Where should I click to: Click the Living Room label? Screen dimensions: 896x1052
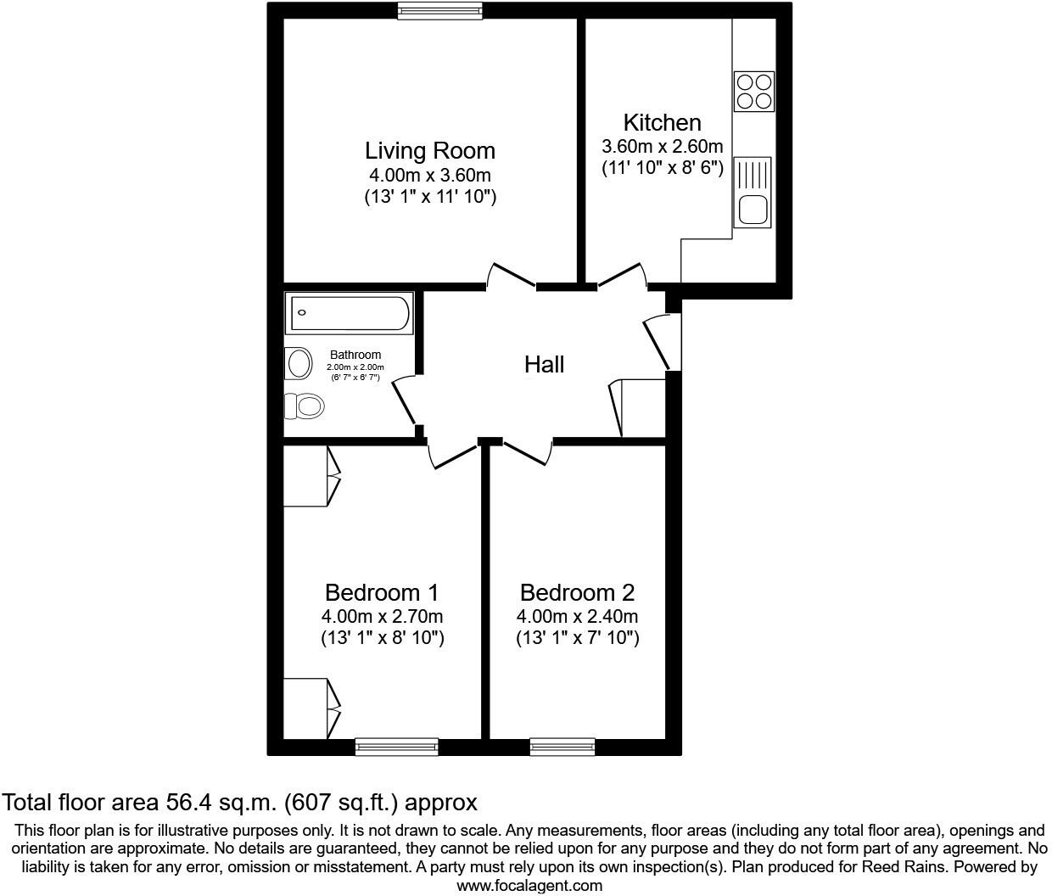point(430,151)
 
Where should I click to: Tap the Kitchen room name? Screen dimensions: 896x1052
point(662,122)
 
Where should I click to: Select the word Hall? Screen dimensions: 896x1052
point(544,365)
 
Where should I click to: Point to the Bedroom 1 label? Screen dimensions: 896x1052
point(382,592)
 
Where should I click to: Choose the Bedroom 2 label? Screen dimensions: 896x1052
point(577,592)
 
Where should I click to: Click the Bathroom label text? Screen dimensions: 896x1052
point(355,355)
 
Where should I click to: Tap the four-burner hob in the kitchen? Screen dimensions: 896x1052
point(754,91)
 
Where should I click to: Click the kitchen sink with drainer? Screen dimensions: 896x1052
point(753,193)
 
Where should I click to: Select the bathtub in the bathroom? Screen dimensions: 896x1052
point(350,313)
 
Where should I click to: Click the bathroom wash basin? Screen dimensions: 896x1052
point(299,364)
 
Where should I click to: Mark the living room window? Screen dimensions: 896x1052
point(440,10)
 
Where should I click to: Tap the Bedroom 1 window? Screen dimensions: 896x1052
point(396,747)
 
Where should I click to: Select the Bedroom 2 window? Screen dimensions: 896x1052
point(562,747)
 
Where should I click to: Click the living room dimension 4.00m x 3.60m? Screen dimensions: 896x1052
point(429,176)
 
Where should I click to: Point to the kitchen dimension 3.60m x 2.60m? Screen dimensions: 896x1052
point(662,146)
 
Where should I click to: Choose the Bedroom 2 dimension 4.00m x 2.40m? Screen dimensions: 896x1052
point(577,617)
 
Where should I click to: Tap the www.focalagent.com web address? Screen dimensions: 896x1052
point(529,886)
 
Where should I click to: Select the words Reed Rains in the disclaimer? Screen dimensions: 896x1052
point(900,867)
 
